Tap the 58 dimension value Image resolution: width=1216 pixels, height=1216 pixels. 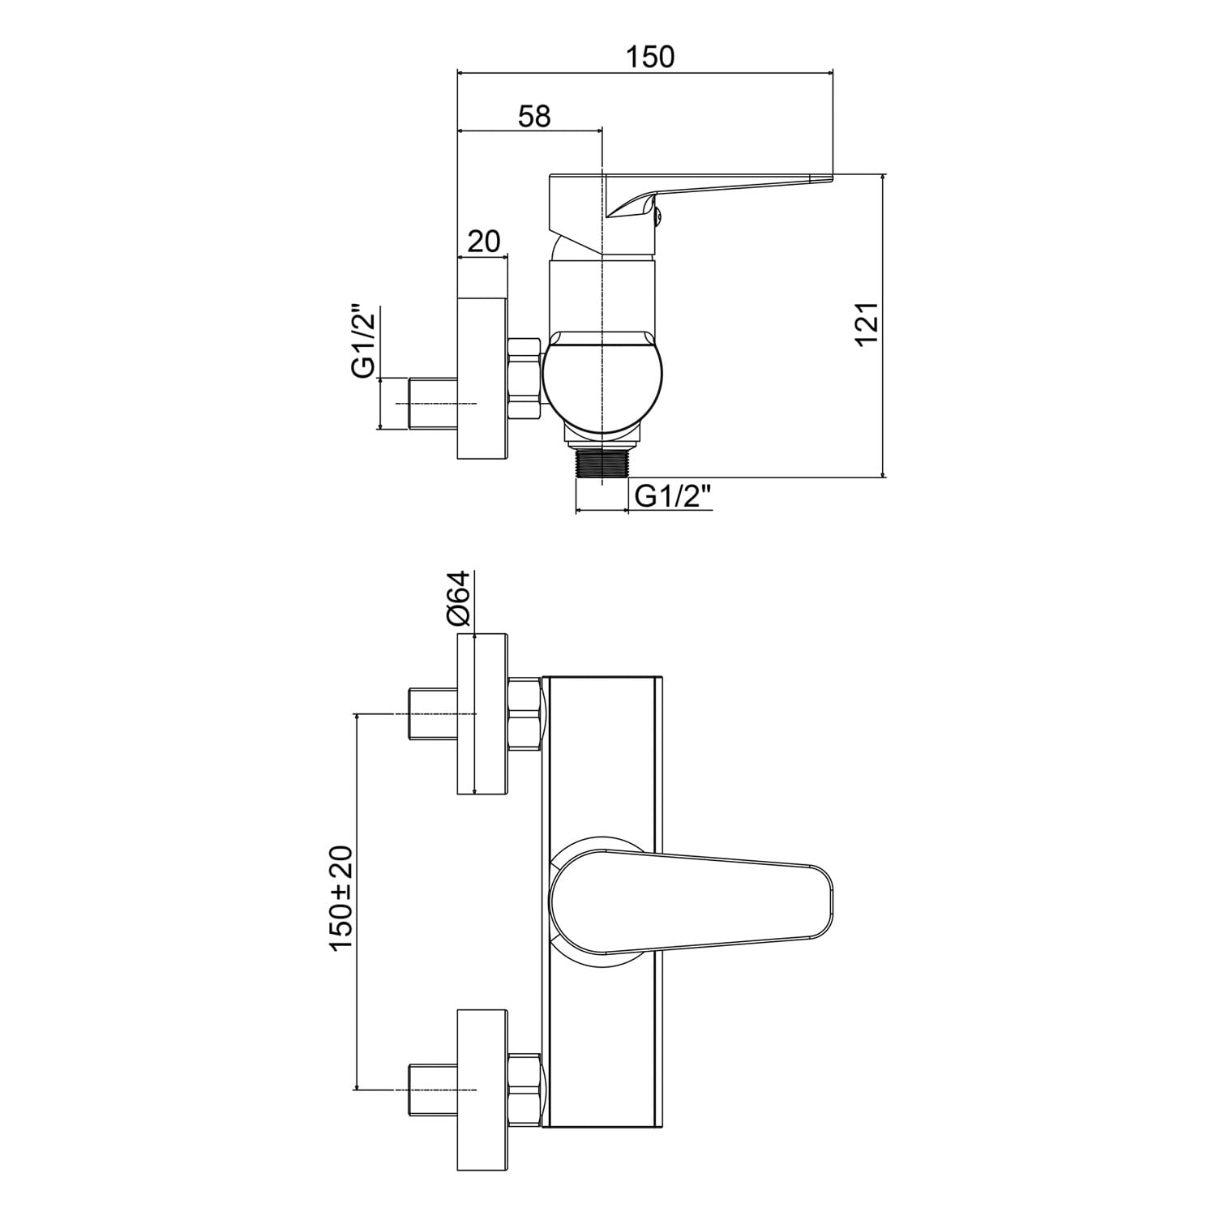click(x=534, y=116)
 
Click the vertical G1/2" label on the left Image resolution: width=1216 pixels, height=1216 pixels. click(x=363, y=341)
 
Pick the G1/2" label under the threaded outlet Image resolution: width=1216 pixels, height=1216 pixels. click(x=674, y=495)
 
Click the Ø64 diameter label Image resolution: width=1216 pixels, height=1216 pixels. click(x=458, y=597)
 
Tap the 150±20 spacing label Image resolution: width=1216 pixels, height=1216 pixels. click(x=341, y=898)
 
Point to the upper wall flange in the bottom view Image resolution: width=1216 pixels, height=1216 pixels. click(x=483, y=714)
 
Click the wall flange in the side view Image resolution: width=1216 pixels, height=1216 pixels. click(x=483, y=379)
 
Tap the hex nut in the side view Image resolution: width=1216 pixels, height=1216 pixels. click(x=525, y=379)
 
